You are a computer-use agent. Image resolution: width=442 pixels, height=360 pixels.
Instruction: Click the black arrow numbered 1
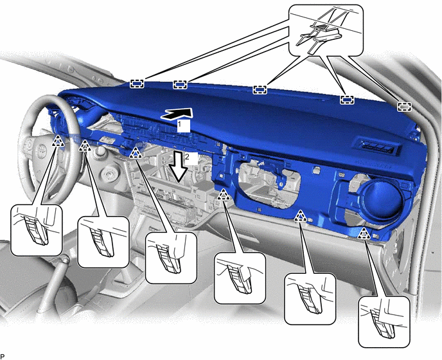point(177,114)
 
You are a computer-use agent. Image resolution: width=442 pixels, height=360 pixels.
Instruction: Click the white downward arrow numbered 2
point(178,166)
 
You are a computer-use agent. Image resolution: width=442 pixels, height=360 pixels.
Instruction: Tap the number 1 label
point(179,124)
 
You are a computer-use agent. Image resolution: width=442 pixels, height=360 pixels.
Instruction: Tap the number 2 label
point(187,157)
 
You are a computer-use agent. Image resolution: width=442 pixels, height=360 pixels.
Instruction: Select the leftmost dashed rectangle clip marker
point(137,84)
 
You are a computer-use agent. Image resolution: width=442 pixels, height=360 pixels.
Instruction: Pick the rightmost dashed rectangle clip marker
point(404,107)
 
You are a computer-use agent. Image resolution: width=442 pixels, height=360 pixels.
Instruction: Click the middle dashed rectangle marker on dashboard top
point(260,90)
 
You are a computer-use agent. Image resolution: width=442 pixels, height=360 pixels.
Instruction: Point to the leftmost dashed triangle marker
point(58,141)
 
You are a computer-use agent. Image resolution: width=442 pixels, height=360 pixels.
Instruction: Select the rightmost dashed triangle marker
point(364,233)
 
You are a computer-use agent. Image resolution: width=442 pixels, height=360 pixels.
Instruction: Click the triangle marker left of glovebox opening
point(224,195)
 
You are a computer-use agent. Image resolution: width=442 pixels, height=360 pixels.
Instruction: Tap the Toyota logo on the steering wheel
point(41,149)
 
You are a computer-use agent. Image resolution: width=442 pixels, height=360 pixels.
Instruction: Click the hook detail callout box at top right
point(326,30)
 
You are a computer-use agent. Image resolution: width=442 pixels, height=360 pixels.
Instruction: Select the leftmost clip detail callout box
point(37,230)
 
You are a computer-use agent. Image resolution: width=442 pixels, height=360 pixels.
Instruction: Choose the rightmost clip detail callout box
point(384,321)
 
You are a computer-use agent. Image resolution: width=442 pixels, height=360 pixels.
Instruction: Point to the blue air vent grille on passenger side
point(377,147)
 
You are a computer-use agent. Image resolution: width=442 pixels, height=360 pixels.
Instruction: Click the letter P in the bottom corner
point(3,357)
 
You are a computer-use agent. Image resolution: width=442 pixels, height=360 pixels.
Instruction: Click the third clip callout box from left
point(171,258)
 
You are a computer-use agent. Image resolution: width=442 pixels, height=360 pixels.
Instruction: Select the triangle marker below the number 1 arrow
point(136,153)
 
